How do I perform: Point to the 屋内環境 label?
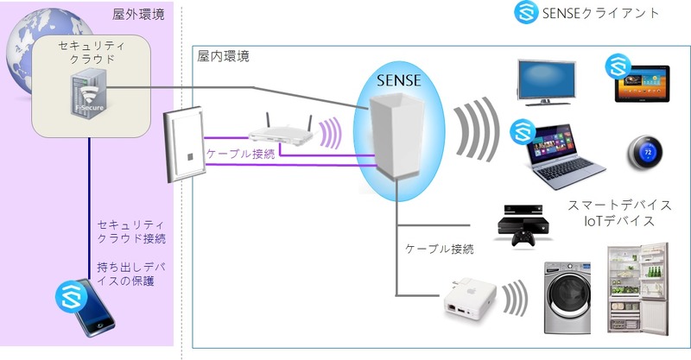pos(224,57)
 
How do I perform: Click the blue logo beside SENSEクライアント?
pos(525,13)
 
